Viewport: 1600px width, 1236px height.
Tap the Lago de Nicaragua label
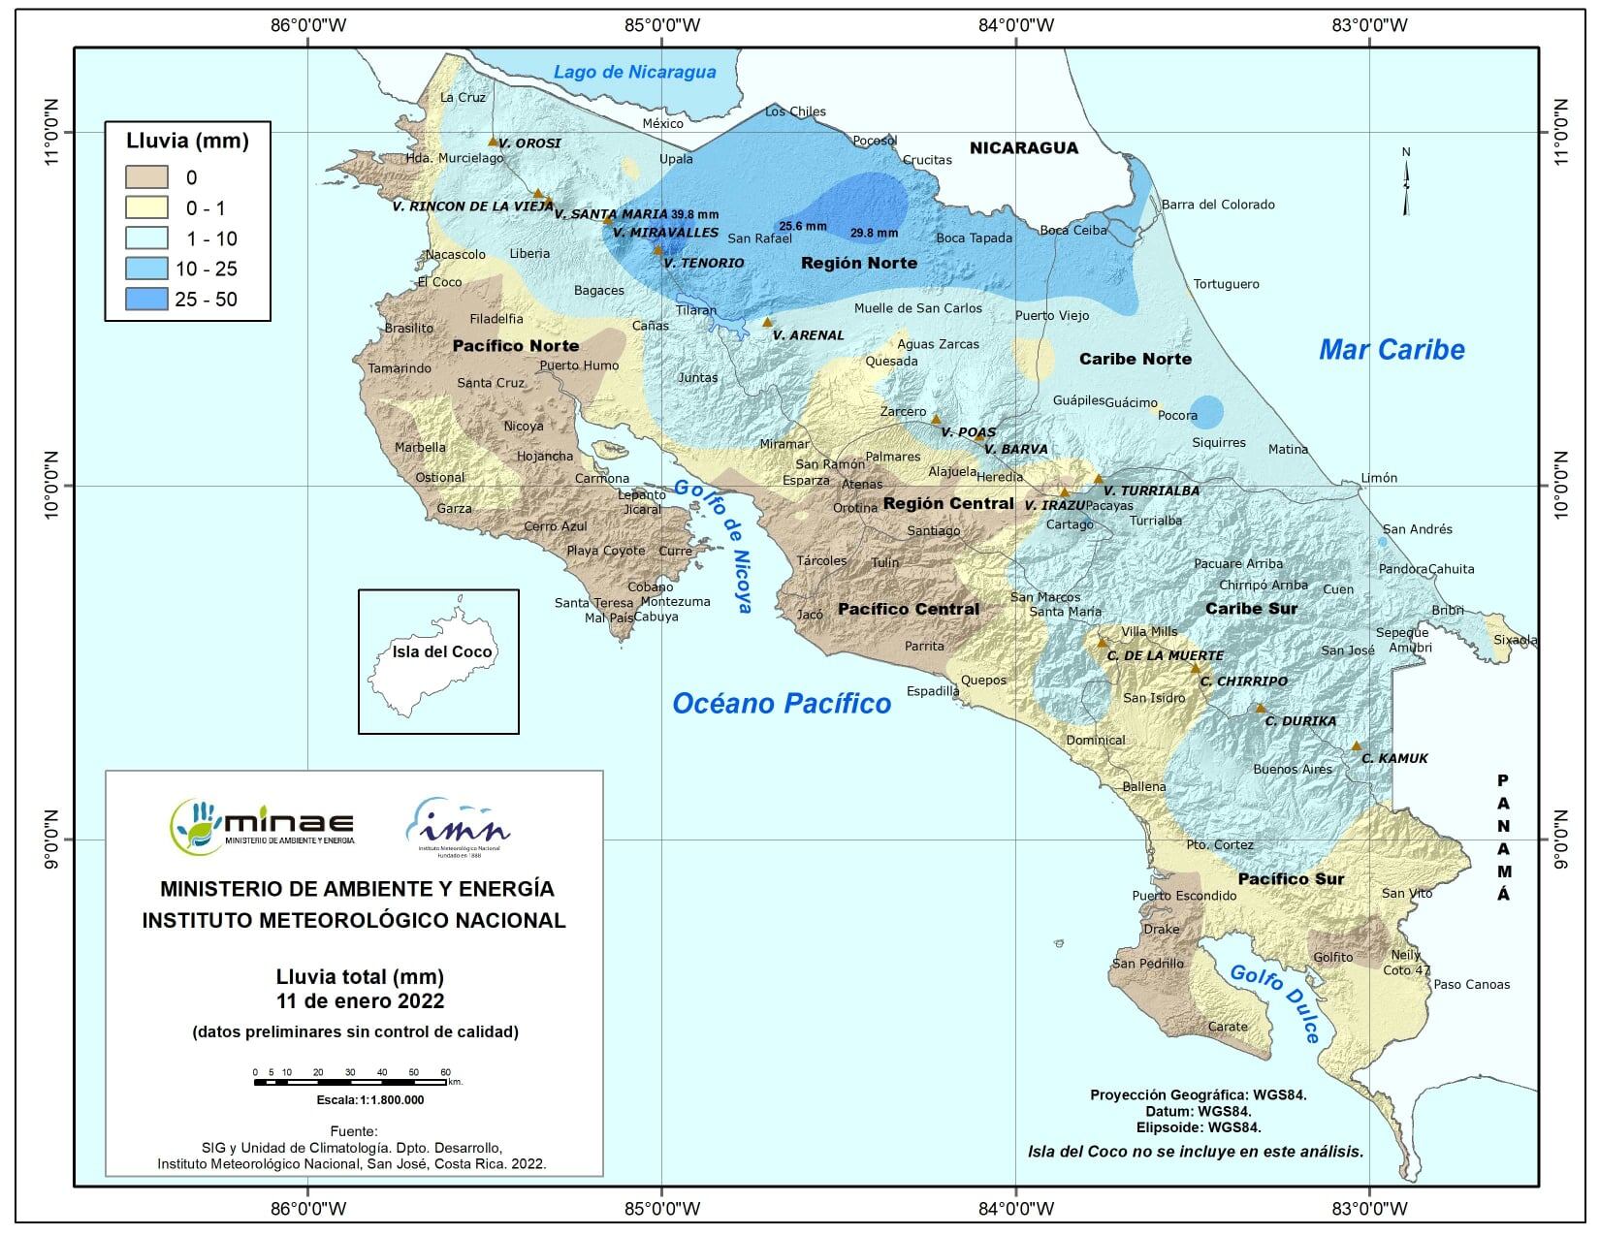click(634, 72)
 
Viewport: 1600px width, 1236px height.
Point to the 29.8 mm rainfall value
click(874, 234)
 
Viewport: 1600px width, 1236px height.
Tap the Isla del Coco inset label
click(442, 651)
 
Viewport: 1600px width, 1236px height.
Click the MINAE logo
click(263, 826)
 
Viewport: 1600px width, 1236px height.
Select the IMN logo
click(457, 826)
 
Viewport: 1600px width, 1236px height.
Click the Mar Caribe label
click(1391, 350)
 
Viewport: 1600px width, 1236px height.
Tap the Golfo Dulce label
click(1275, 1004)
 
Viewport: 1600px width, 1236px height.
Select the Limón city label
click(1379, 478)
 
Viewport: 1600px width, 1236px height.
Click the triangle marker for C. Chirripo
click(1196, 669)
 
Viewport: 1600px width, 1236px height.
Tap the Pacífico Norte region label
click(515, 346)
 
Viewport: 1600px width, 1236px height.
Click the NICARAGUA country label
click(1024, 148)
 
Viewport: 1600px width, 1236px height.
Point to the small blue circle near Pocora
click(1206, 412)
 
